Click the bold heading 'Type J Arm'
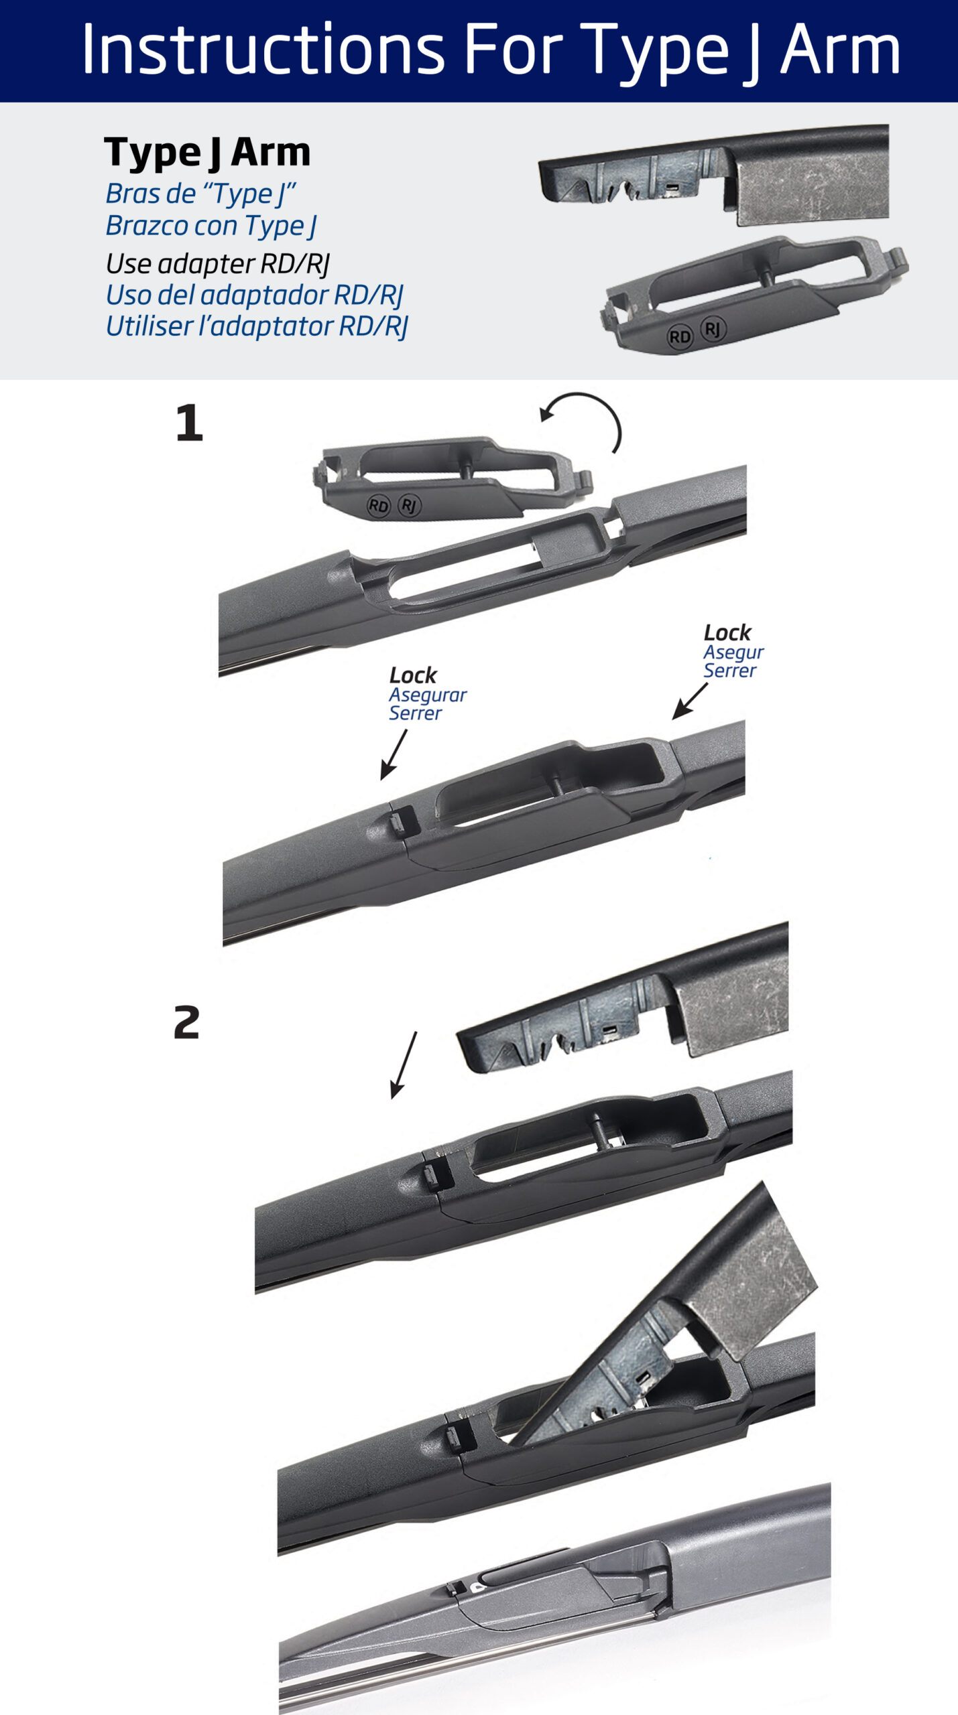click(207, 153)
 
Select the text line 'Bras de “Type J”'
click(200, 194)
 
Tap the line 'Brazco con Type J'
click(211, 226)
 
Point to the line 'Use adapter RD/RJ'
click(218, 265)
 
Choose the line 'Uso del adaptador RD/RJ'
click(255, 295)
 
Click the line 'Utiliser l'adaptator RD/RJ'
click(257, 327)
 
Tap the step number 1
click(189, 423)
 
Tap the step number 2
click(187, 1022)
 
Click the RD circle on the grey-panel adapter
click(680, 336)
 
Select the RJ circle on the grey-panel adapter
click(713, 329)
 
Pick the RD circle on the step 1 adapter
click(379, 506)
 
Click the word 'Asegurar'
click(428, 695)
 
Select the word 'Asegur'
click(733, 653)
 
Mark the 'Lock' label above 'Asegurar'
click(413, 675)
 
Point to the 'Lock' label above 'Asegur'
click(727, 633)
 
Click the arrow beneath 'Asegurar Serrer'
click(394, 755)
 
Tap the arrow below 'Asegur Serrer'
click(690, 701)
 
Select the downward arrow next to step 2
click(404, 1065)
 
